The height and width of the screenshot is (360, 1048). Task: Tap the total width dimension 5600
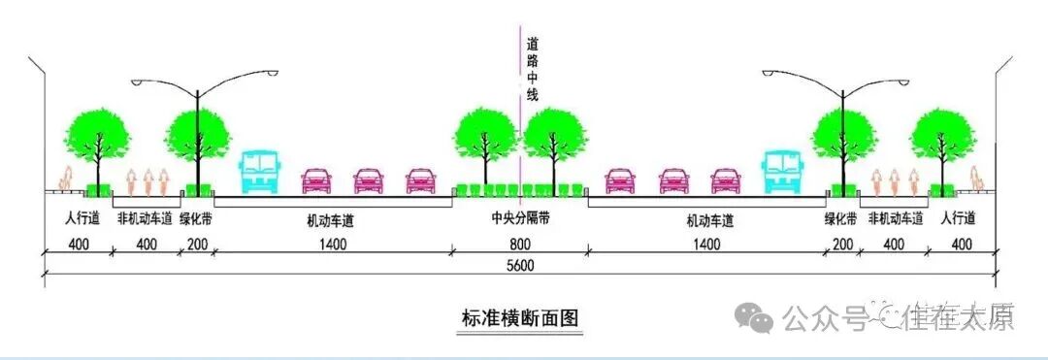click(x=522, y=266)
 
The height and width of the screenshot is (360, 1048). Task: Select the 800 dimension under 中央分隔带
click(x=520, y=244)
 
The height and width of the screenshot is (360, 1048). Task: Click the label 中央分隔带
click(x=520, y=220)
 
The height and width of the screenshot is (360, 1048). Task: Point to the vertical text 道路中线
click(x=532, y=68)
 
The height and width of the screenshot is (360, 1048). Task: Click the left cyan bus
click(x=259, y=171)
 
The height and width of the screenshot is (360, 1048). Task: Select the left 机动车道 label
click(x=330, y=220)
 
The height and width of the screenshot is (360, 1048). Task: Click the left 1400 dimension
click(x=331, y=244)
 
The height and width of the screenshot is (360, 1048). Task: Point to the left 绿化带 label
click(x=196, y=218)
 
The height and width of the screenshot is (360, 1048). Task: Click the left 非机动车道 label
click(x=146, y=218)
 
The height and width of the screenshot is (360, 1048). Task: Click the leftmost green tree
click(x=97, y=135)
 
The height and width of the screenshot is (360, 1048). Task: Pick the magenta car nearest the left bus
click(x=316, y=180)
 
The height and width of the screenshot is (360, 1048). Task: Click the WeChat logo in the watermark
click(x=755, y=316)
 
